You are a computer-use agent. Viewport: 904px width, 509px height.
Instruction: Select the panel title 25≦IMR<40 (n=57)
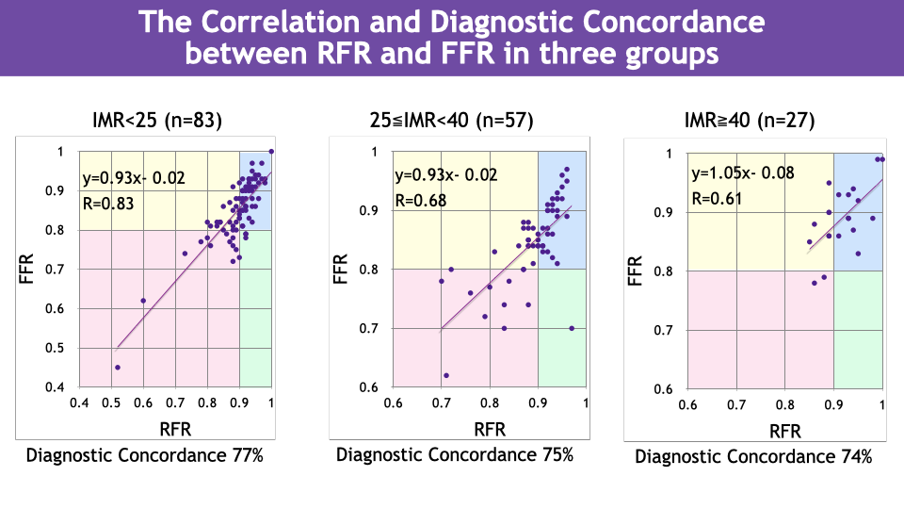(452, 120)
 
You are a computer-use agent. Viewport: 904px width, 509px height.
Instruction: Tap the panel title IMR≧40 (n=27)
(750, 120)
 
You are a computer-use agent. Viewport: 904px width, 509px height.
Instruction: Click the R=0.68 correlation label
(420, 200)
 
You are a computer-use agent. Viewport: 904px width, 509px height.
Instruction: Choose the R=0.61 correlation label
(718, 198)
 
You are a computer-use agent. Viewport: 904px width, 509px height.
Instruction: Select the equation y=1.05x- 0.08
(742, 172)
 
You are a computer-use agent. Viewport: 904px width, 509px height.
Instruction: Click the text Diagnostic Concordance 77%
(144, 455)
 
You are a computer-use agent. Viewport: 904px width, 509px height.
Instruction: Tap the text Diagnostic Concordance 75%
(455, 454)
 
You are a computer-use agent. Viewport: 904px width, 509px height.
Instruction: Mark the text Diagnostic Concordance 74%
(753, 456)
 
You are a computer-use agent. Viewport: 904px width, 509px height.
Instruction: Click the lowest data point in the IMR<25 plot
(118, 368)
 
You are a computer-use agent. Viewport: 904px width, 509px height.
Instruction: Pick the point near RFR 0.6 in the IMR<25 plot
(143, 301)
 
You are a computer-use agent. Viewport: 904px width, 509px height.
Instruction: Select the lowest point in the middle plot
(446, 375)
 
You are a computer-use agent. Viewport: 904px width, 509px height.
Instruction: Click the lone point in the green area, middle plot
(572, 328)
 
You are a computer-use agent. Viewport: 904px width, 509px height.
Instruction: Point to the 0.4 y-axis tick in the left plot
(57, 387)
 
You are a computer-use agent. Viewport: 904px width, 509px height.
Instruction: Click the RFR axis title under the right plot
(786, 431)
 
